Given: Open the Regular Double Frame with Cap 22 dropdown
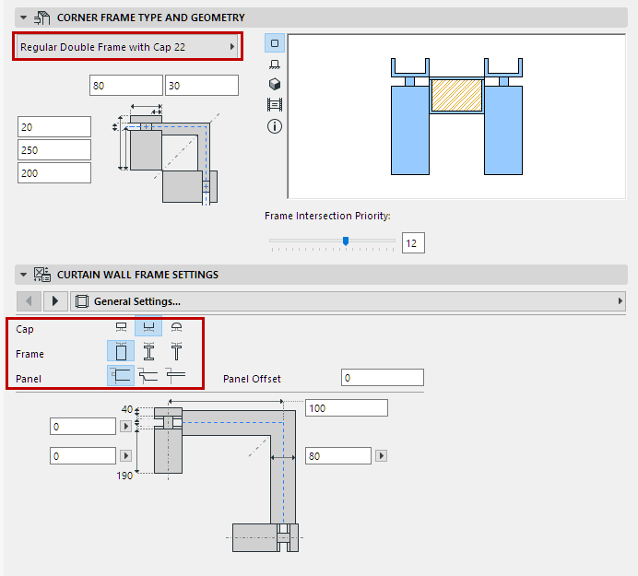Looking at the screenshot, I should coord(127,46).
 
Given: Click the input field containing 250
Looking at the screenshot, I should coord(54,149).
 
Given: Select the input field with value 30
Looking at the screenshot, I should coord(201,85).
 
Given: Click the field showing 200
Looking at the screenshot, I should coord(54,172).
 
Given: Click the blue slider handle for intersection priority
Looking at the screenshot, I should coord(346,241).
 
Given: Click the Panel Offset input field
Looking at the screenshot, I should coord(382,378).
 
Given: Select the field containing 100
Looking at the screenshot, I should coord(346,407).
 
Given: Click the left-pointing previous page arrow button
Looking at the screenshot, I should coord(30,301).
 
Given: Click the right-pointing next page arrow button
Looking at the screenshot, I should coord(55,301).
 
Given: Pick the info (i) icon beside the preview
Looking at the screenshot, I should coord(274,125).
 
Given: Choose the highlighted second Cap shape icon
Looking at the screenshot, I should coord(148,328).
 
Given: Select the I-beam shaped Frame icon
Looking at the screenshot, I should coord(148,351).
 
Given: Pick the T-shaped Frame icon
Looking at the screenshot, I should coord(174,351).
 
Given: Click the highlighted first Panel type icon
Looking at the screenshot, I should coord(121,374).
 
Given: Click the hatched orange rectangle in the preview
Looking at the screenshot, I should coord(458,96).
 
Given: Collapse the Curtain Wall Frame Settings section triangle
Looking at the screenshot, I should coord(23,274).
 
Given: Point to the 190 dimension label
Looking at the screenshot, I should coord(124,476).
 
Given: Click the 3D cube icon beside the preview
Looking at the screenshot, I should coord(274,84).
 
